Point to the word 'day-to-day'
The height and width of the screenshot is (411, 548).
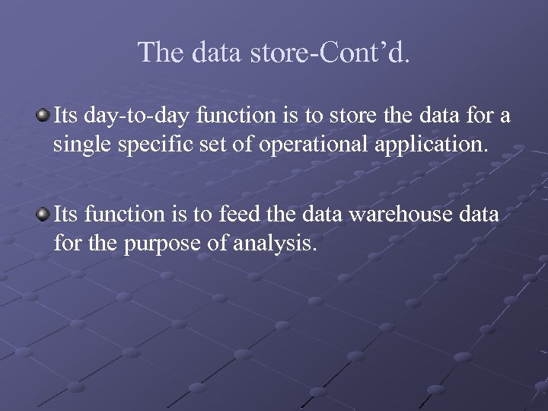point(133,116)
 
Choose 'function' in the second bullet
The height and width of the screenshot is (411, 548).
point(121,215)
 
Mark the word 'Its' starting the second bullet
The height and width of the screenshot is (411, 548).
point(65,215)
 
